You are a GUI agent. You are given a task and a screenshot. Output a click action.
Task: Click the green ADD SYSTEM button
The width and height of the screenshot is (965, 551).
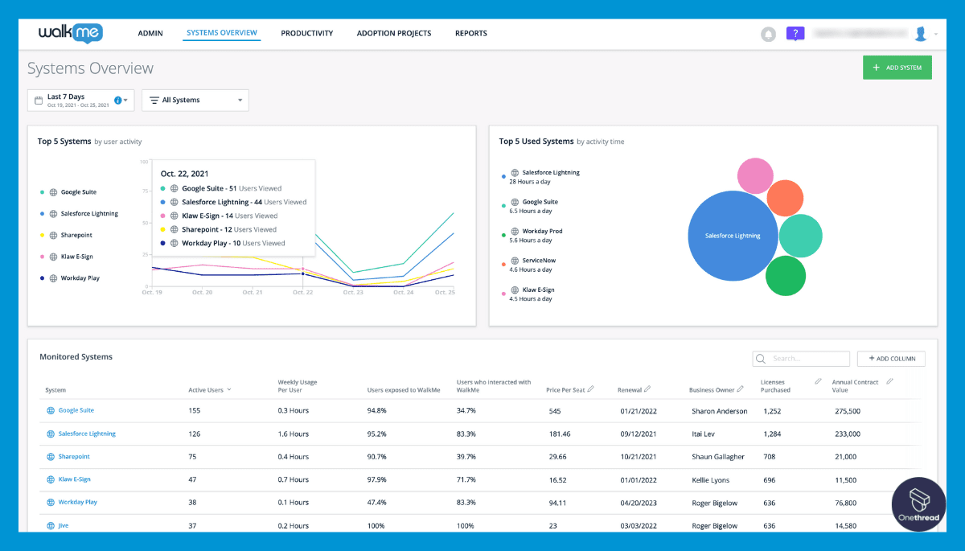click(x=897, y=68)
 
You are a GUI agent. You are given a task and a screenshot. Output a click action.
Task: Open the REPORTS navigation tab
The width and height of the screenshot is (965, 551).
click(x=470, y=34)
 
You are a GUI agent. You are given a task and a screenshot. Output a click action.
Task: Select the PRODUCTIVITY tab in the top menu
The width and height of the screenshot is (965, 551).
click(x=306, y=34)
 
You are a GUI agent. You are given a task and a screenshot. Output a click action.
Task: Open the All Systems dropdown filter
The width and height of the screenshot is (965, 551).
click(x=195, y=101)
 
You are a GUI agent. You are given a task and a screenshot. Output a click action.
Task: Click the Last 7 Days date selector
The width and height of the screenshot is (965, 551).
click(x=80, y=101)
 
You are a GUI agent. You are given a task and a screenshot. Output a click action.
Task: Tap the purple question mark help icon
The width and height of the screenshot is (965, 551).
click(x=795, y=34)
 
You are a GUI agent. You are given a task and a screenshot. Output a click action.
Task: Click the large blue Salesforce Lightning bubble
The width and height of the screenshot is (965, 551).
click(x=733, y=236)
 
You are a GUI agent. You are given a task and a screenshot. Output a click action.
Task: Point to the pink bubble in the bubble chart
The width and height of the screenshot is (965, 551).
click(x=755, y=175)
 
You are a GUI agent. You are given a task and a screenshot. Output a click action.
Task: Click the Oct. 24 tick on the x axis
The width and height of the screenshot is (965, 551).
click(x=403, y=293)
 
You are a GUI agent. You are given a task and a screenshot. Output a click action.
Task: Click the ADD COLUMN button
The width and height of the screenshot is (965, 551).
click(x=891, y=359)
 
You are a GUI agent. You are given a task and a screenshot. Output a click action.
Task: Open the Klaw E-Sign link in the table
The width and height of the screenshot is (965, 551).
click(x=74, y=479)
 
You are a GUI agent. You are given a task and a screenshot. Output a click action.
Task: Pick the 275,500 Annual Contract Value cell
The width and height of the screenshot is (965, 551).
click(x=848, y=411)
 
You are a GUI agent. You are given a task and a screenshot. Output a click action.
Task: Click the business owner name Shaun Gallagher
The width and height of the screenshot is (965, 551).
click(x=717, y=457)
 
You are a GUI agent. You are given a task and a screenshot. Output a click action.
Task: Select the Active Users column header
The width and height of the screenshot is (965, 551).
click(x=205, y=390)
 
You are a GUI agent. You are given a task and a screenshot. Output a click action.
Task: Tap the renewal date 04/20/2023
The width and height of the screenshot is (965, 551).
click(x=639, y=503)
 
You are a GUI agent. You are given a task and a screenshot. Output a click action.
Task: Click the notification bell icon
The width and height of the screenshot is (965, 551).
click(x=768, y=34)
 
